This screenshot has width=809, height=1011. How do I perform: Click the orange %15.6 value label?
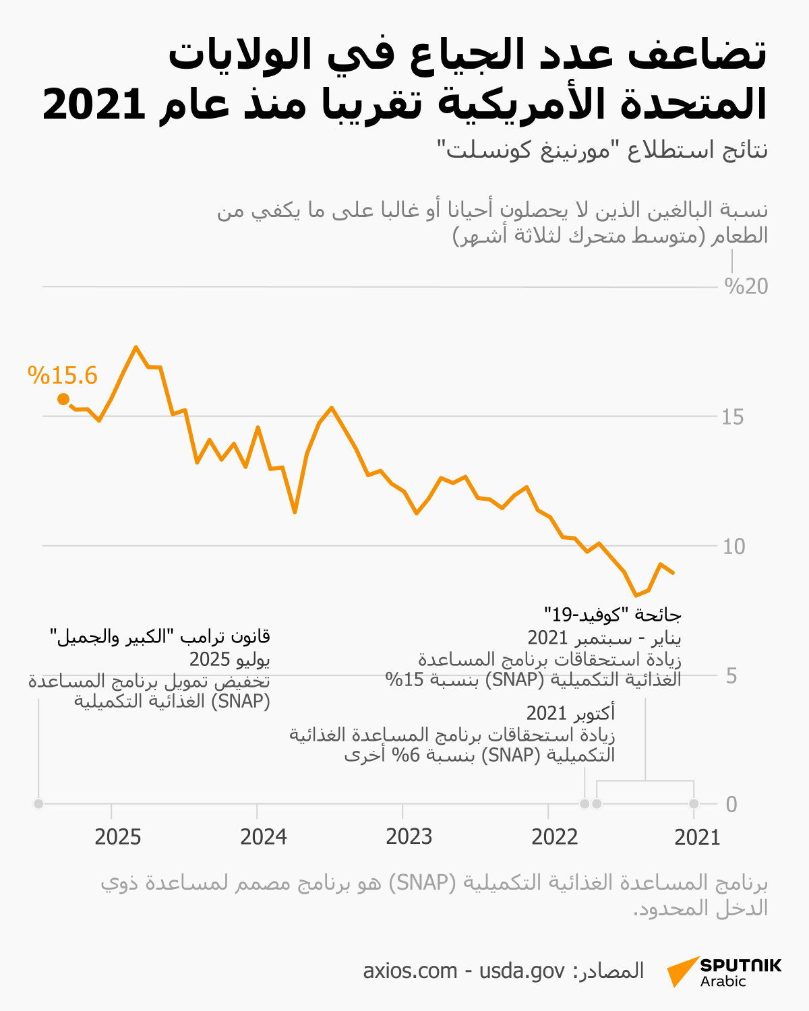pyautogui.click(x=63, y=375)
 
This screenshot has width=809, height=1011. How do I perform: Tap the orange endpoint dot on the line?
pyautogui.click(x=63, y=399)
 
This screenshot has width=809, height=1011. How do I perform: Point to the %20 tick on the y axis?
pyautogui.click(x=746, y=286)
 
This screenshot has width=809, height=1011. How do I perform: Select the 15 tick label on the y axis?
pyautogui.click(x=733, y=417)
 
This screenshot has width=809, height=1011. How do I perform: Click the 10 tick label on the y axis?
pyautogui.click(x=733, y=546)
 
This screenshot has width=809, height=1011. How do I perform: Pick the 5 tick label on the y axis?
pyautogui.click(x=731, y=676)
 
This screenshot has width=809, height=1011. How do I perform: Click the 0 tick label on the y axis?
pyautogui.click(x=731, y=804)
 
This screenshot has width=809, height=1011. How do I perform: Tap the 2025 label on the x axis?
pyautogui.click(x=118, y=837)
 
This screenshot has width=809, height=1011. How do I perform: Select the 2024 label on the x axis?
pyautogui.click(x=264, y=837)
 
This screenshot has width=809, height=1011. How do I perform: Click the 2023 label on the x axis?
pyautogui.click(x=409, y=837)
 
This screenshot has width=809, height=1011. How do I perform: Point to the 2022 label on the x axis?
pyautogui.click(x=555, y=837)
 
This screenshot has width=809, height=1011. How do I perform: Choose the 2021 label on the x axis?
pyautogui.click(x=698, y=837)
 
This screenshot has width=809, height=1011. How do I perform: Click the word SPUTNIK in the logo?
pyautogui.click(x=740, y=964)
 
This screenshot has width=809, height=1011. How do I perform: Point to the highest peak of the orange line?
pyautogui.click(x=136, y=347)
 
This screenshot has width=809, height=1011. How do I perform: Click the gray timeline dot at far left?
pyautogui.click(x=38, y=803)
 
